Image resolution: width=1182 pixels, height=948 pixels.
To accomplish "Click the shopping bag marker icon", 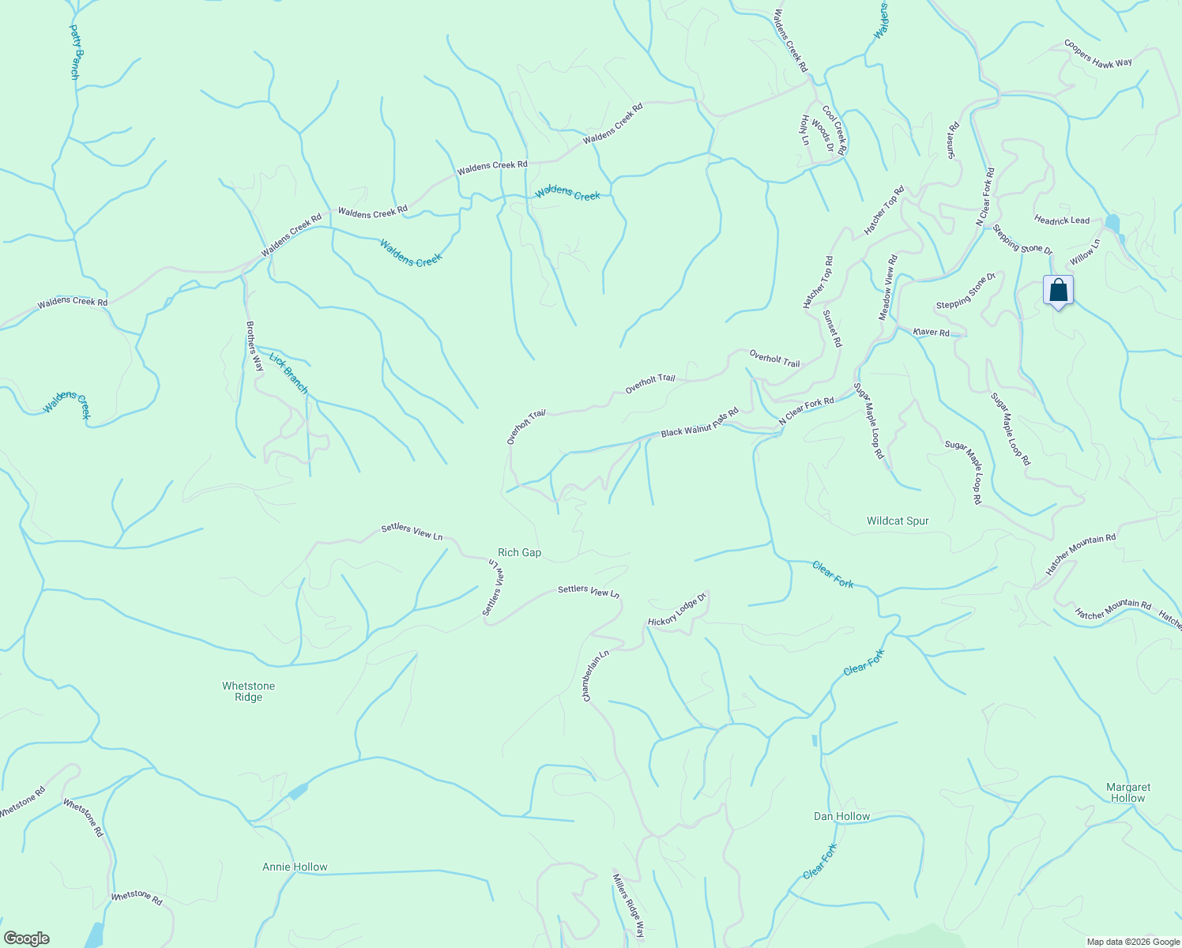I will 1058,290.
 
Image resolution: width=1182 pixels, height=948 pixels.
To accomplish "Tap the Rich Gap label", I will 519,553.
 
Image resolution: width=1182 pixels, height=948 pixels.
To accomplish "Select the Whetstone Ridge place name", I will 248,691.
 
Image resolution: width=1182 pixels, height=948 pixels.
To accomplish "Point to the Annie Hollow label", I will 295,867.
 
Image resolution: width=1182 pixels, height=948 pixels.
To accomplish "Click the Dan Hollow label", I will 841,816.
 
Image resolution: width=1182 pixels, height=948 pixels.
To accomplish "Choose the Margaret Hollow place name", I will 1128,792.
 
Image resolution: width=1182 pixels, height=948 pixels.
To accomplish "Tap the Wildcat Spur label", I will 898,521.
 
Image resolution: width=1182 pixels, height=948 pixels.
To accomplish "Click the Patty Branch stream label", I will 75,52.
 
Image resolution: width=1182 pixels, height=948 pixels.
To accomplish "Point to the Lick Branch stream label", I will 288,373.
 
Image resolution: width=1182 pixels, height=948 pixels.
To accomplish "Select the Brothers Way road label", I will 254,346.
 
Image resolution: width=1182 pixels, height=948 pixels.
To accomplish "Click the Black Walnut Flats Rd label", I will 699,423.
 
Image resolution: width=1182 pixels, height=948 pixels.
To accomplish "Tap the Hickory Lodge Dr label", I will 676,610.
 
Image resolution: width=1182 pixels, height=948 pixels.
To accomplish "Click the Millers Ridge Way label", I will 629,904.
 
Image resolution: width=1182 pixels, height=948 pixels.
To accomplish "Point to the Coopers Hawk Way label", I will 1097,54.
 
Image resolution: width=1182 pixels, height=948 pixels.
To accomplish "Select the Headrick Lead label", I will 1062,220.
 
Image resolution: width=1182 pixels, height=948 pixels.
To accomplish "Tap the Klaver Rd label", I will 932,333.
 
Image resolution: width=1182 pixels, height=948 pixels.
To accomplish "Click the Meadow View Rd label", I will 888,288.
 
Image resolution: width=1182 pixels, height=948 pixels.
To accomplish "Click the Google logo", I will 26,939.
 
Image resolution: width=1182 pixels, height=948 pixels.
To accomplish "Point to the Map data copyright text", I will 1131,942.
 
